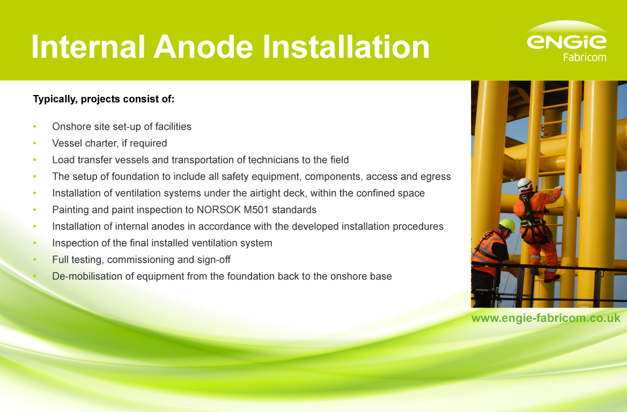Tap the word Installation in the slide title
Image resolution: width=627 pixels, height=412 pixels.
(x=345, y=47)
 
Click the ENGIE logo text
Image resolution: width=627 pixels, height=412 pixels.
(x=566, y=41)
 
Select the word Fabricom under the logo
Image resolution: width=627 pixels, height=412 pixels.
(x=584, y=57)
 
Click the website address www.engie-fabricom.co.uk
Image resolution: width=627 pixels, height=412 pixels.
(x=545, y=318)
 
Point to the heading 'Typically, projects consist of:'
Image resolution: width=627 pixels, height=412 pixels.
(x=104, y=99)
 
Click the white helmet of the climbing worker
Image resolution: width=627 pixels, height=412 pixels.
(x=524, y=183)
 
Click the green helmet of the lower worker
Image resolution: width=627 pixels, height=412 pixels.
(x=507, y=224)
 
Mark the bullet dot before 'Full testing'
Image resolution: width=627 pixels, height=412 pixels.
(x=35, y=260)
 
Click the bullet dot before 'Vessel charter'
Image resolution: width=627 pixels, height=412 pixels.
(x=35, y=143)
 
